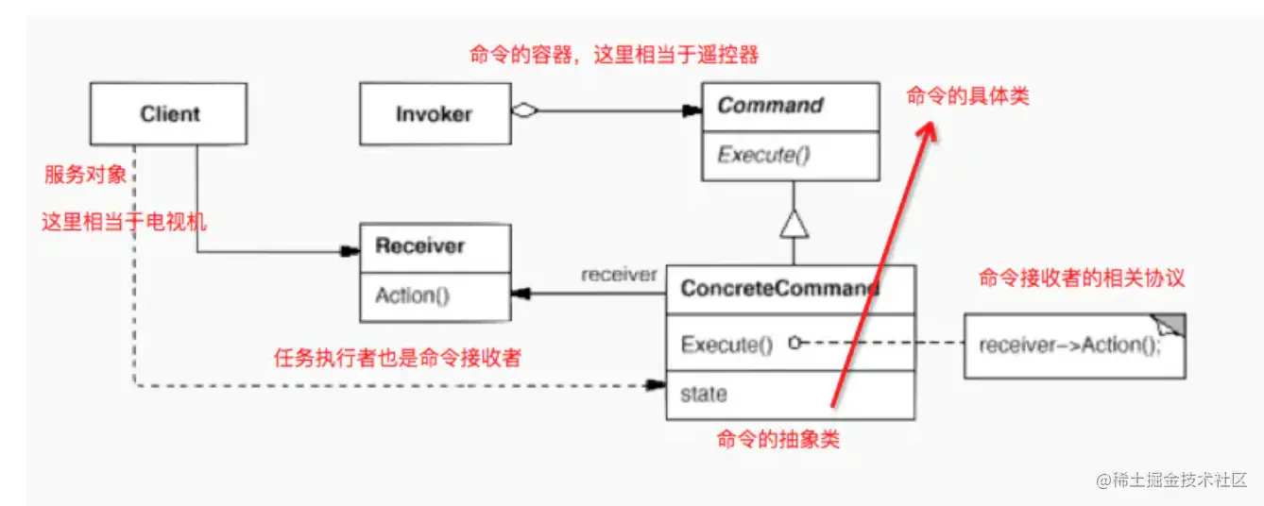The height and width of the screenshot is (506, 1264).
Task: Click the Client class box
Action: click(x=169, y=114)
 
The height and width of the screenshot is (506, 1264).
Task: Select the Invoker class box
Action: click(x=434, y=114)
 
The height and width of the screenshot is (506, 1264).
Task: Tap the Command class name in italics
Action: click(x=770, y=106)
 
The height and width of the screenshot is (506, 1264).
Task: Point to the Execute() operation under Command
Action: click(x=763, y=154)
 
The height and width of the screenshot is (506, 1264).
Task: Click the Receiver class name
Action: click(x=419, y=246)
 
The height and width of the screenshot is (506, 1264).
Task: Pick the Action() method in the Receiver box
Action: click(x=412, y=295)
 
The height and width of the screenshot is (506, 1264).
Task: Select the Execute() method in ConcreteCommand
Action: click(x=726, y=345)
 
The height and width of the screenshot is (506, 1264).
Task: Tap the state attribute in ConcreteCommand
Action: click(x=704, y=394)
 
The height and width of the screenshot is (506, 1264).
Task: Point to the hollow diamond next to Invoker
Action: click(x=524, y=110)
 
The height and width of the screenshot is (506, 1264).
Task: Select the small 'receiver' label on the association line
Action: click(x=619, y=275)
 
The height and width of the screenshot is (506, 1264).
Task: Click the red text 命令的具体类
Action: click(x=967, y=95)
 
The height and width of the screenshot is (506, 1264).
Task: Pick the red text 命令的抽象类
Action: click(x=778, y=439)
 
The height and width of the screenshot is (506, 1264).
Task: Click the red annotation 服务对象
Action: click(x=84, y=175)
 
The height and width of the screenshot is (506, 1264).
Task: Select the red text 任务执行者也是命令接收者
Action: click(x=397, y=358)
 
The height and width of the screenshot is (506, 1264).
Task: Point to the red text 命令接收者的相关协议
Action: click(x=1081, y=278)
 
